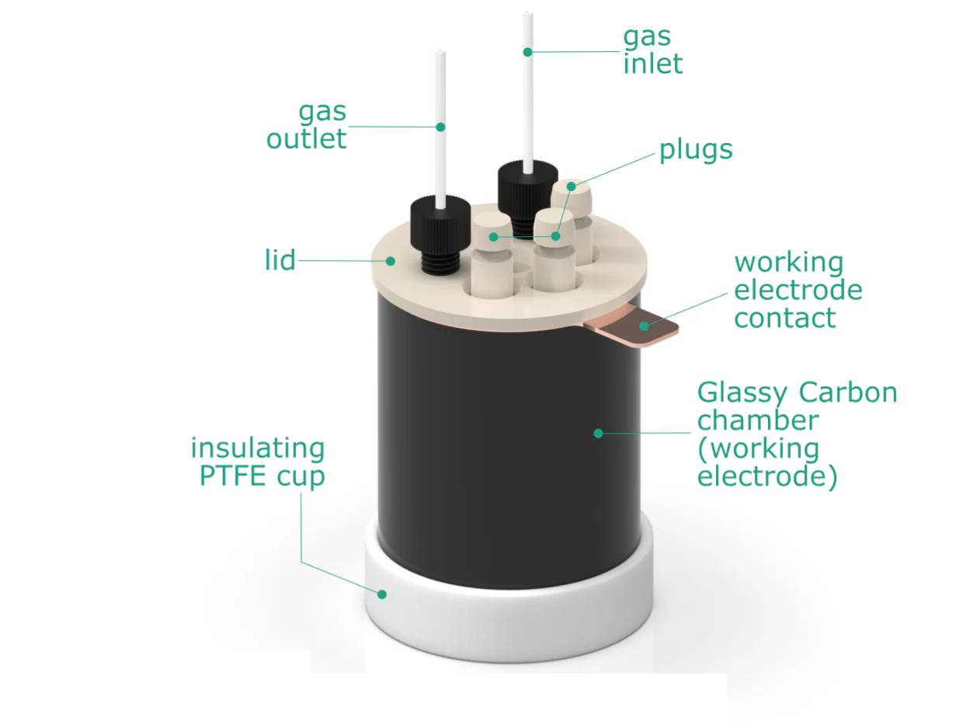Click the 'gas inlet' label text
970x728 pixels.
pos(652,50)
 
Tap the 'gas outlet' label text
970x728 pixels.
pos(307,125)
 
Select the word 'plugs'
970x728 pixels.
pos(696,150)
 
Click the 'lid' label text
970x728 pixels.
pos(280,261)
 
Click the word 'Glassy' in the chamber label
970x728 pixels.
pos(739,392)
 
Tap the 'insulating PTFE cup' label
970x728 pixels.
pos(258,462)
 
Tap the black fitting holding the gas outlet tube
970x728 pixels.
pos(440,225)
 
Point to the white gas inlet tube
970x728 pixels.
pos(528,93)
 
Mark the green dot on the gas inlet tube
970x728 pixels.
pos(527,52)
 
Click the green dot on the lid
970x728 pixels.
pos(392,261)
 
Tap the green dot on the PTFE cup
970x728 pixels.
pos(382,594)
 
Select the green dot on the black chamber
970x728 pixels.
pos(598,433)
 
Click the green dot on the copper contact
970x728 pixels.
pos(643,326)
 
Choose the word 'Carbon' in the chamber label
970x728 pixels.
pos(849,392)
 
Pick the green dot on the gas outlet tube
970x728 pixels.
pos(440,127)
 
